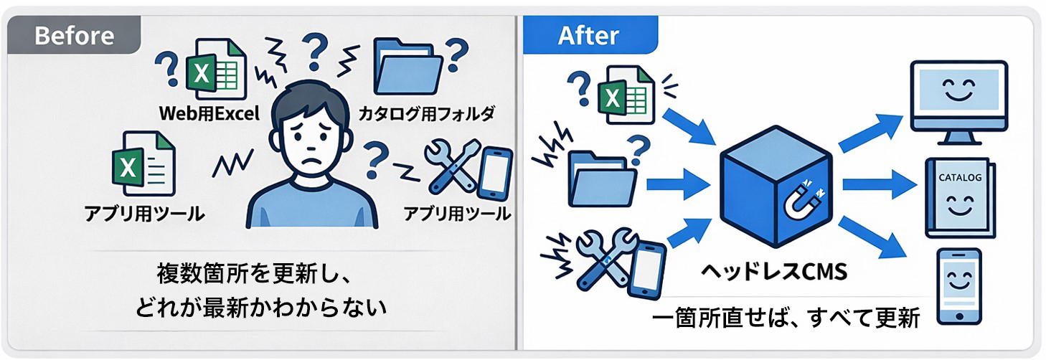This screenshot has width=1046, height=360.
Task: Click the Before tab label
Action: [x=74, y=35]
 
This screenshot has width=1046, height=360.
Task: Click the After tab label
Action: [x=588, y=35]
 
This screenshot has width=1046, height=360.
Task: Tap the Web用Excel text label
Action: [x=209, y=113]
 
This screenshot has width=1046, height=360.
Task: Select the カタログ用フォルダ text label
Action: [x=426, y=113]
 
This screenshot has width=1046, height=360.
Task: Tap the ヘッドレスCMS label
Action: [x=775, y=272]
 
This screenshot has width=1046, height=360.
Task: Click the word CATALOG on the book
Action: [x=960, y=177]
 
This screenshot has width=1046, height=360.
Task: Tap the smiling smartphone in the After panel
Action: [x=960, y=286]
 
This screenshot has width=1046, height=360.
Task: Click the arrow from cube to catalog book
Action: [x=880, y=185]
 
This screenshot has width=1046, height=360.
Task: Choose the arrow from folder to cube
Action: [x=679, y=185]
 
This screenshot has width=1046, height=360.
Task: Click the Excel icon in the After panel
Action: [x=626, y=95]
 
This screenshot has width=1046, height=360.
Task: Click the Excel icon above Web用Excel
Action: [x=216, y=69]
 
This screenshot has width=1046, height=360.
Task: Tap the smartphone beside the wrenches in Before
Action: [x=495, y=174]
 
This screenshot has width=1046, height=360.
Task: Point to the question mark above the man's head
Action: [x=315, y=52]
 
